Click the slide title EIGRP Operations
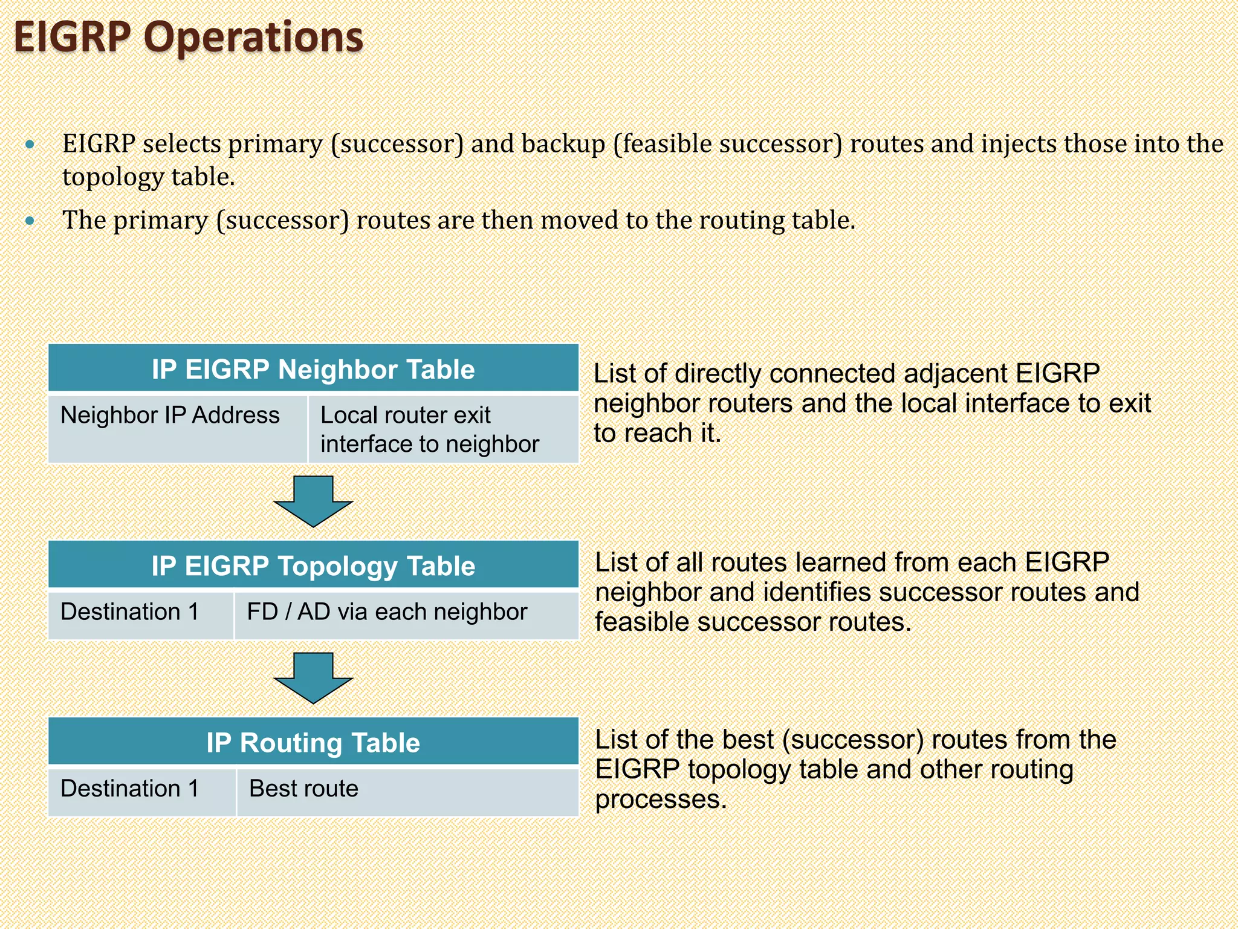(188, 37)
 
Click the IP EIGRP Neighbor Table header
(313, 369)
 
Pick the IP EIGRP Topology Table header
(313, 566)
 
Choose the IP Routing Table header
(313, 742)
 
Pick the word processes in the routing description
(660, 799)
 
